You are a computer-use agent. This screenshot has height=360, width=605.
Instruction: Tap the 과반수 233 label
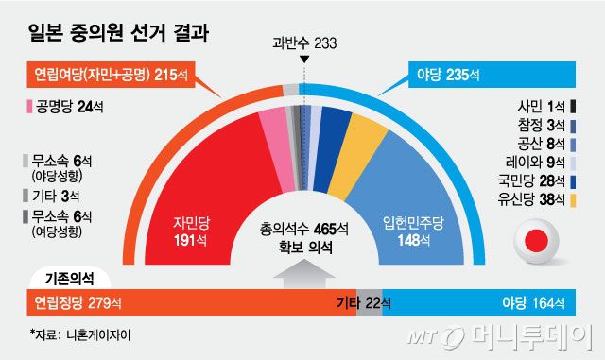[x=303, y=43]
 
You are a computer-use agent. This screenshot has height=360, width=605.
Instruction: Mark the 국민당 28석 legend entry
[x=536, y=181]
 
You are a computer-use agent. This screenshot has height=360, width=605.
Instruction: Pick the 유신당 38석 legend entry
[x=536, y=199]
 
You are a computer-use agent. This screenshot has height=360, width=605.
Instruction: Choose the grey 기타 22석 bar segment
[x=369, y=303]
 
